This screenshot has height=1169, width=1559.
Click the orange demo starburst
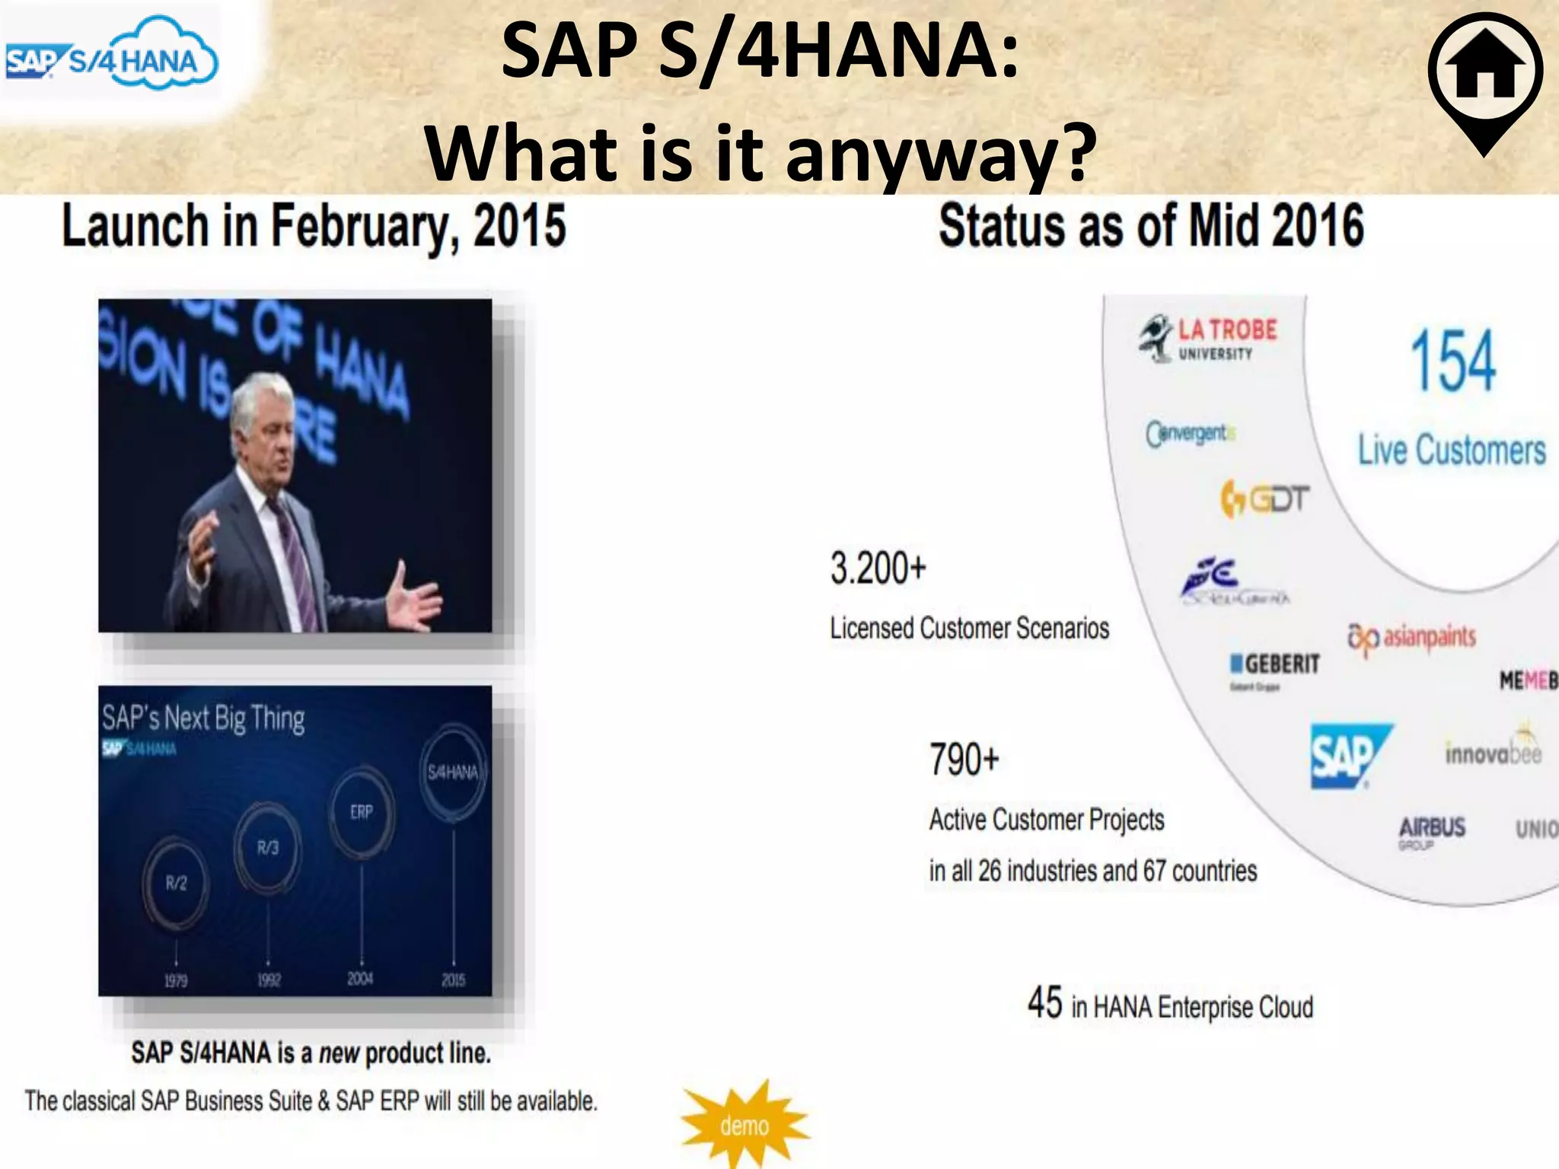pyautogui.click(x=744, y=1125)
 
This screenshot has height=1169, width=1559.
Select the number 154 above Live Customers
pyautogui.click(x=1452, y=361)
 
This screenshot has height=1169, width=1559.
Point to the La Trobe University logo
pyautogui.click(x=1209, y=338)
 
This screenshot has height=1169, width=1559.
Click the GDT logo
pyautogui.click(x=1264, y=499)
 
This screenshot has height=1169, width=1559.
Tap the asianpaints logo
pyautogui.click(x=1412, y=638)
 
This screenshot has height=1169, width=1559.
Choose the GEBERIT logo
pyautogui.click(x=1275, y=665)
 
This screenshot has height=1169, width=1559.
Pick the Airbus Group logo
pyautogui.click(x=1431, y=830)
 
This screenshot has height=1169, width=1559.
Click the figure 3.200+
pyautogui.click(x=878, y=569)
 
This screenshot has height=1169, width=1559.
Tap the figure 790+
pyautogui.click(x=964, y=760)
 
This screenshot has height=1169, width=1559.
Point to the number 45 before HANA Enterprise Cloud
pyautogui.click(x=1044, y=1002)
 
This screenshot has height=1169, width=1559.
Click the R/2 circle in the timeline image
pyautogui.click(x=176, y=883)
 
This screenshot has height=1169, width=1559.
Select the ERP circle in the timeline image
pyautogui.click(x=362, y=812)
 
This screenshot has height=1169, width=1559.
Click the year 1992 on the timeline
pyautogui.click(x=269, y=980)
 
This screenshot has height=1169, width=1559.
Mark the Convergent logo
pyautogui.click(x=1190, y=434)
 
